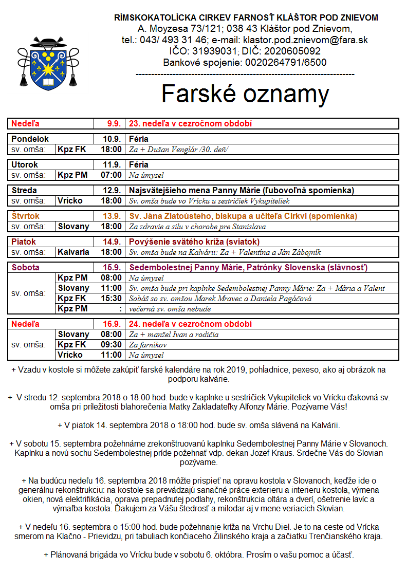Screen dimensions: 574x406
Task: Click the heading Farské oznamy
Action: (245, 94)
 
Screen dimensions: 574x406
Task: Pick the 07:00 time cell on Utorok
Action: (111, 175)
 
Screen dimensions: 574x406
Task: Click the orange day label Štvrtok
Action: (25, 216)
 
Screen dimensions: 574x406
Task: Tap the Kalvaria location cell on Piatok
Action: (73, 252)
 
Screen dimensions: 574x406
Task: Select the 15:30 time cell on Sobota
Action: (111, 299)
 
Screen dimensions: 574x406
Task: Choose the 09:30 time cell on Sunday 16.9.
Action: (111, 345)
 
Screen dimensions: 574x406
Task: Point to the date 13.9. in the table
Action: (113, 216)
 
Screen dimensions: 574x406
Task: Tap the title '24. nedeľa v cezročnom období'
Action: (190, 324)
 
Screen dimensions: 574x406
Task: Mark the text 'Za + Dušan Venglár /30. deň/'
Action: (178, 150)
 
